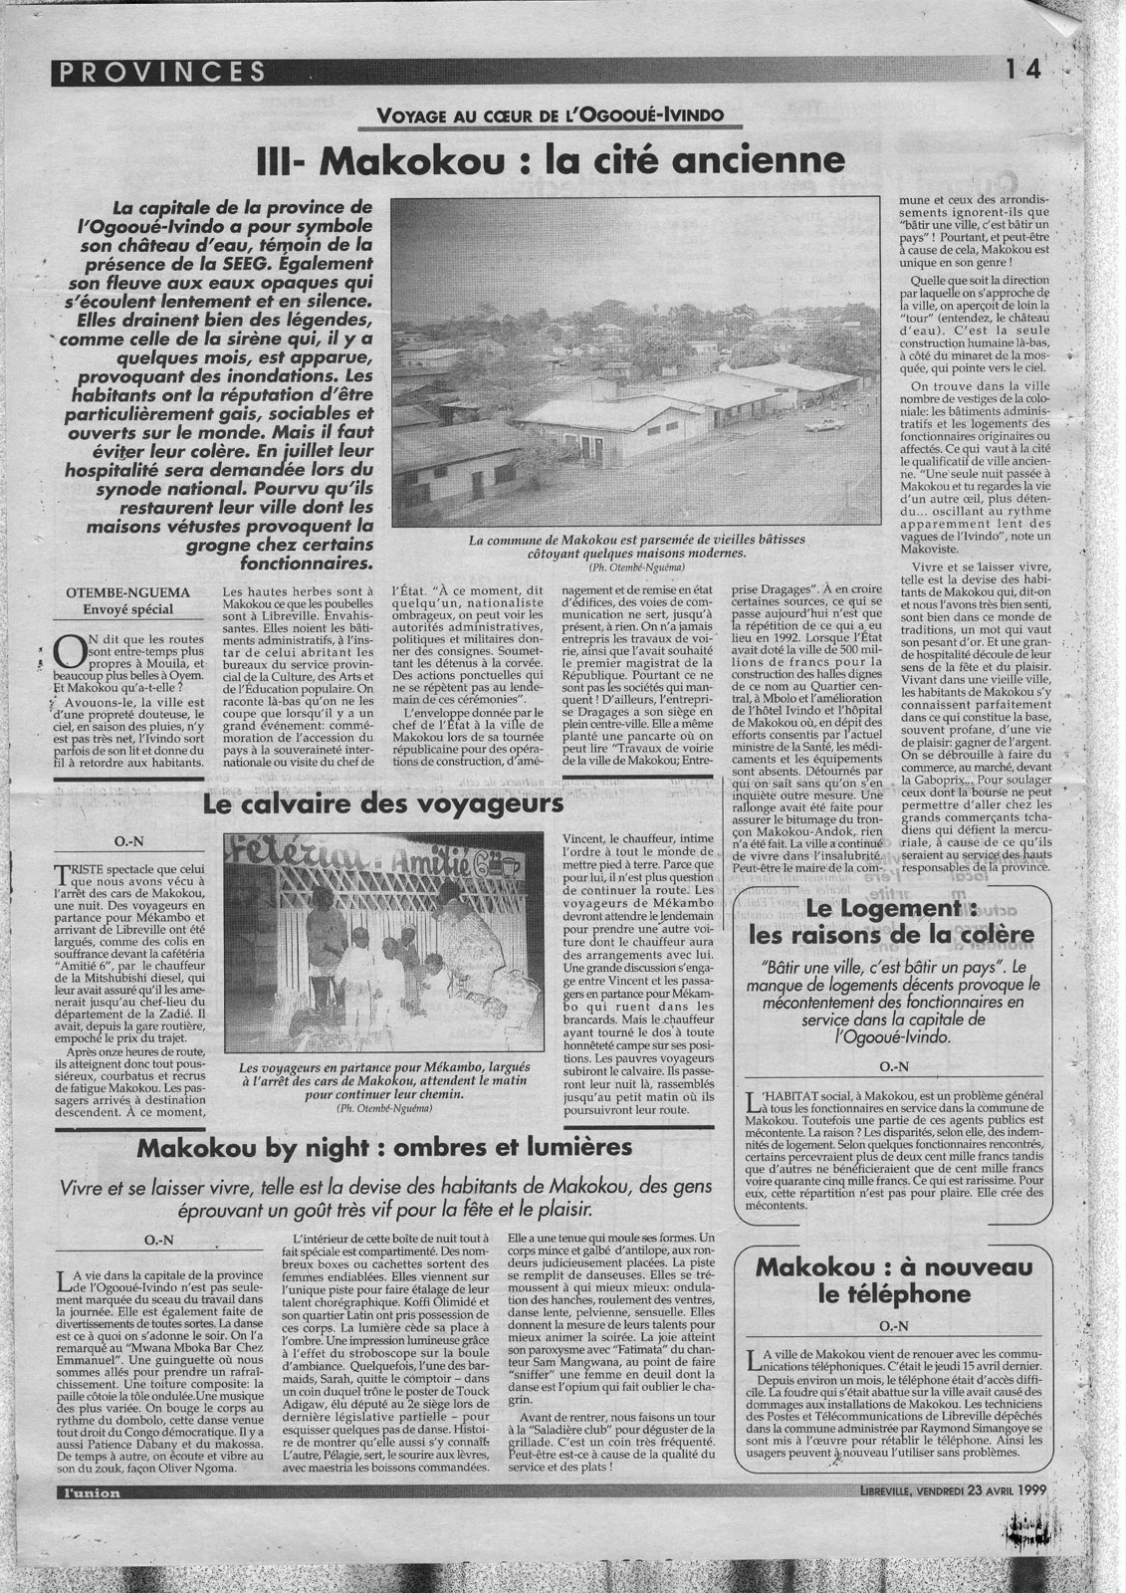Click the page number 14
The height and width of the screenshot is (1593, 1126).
(x=1021, y=70)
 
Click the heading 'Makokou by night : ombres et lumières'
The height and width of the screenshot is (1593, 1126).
(x=384, y=1146)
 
